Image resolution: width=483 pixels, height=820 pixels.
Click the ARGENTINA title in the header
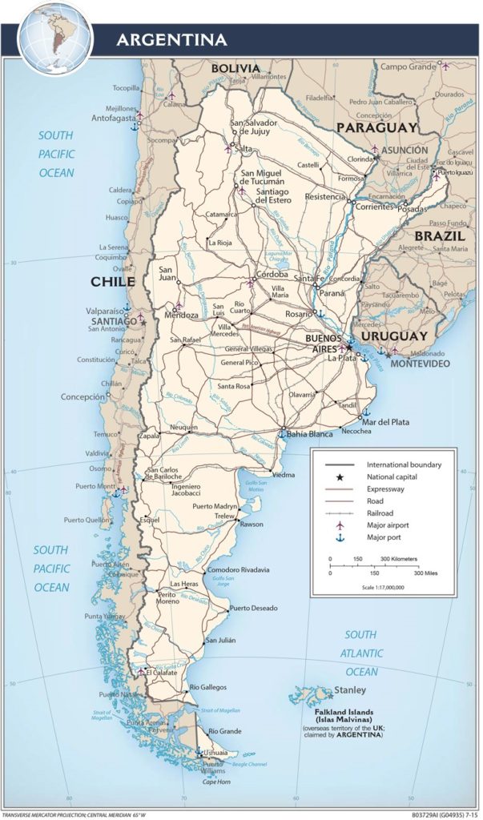coord(171,39)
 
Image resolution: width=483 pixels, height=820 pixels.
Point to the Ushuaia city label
coord(214,753)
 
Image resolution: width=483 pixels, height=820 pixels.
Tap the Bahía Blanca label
coord(308,433)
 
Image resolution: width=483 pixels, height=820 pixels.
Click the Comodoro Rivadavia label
coord(238,569)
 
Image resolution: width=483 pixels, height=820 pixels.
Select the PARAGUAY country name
coord(376,127)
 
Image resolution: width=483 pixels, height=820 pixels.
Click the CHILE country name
coord(112,282)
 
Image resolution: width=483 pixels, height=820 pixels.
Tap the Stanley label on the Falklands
coord(349,689)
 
